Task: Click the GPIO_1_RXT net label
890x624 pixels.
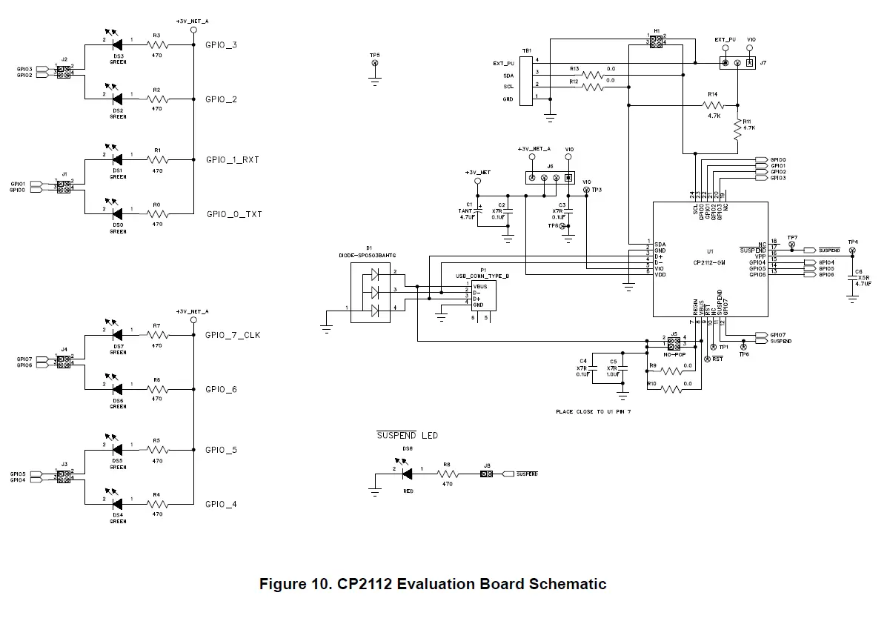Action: tap(232, 160)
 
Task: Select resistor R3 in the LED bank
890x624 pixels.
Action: tap(157, 46)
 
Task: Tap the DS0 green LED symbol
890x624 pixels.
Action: tap(117, 215)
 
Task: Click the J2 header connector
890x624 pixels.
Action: tap(64, 72)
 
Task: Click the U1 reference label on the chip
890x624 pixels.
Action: tap(709, 251)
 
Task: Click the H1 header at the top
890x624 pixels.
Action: tap(656, 42)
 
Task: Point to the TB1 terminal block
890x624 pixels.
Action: tap(526, 80)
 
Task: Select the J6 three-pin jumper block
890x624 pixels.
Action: tap(549, 178)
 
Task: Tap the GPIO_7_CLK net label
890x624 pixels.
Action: tap(233, 335)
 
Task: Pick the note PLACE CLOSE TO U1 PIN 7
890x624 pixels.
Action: tap(593, 411)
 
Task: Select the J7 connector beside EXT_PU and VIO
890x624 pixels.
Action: tap(737, 64)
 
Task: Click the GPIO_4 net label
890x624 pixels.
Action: tap(221, 505)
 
